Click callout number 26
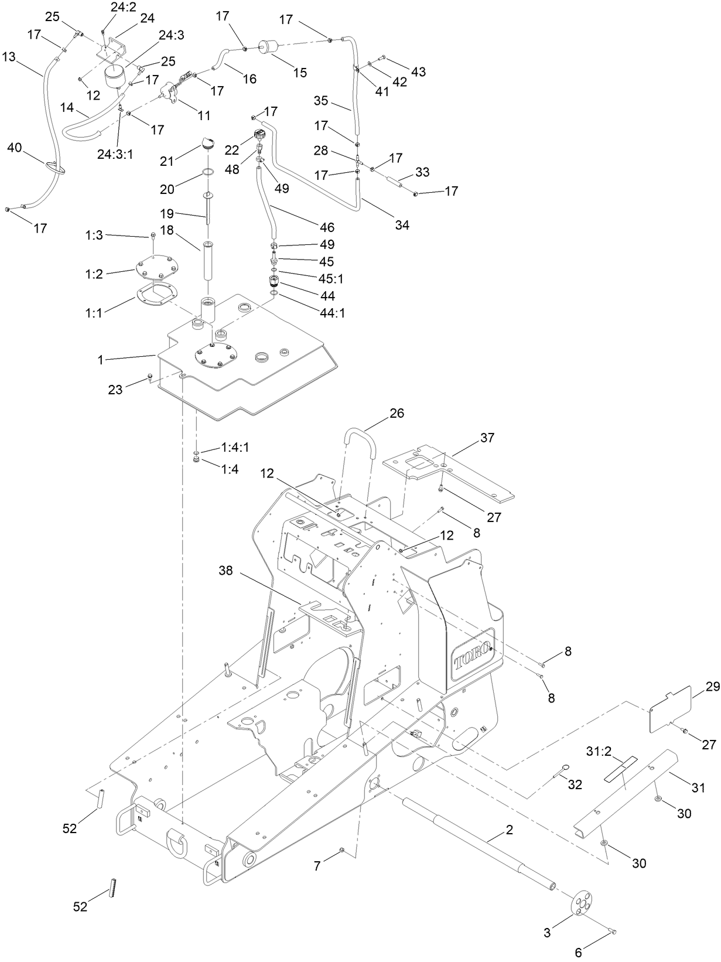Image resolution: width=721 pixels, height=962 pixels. click(397, 414)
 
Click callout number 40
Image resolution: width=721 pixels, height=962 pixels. click(14, 148)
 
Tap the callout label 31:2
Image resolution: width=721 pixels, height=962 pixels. click(599, 751)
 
